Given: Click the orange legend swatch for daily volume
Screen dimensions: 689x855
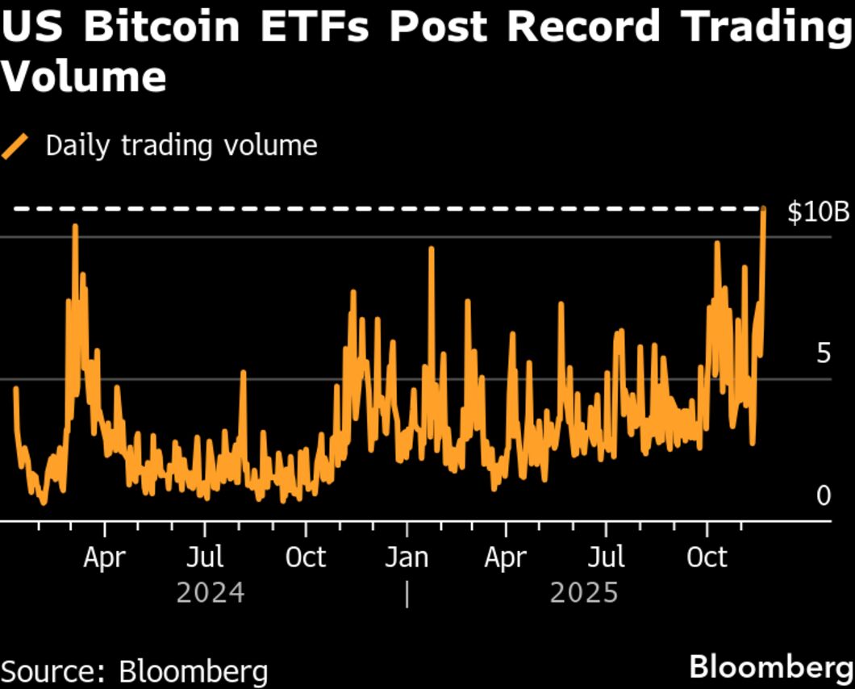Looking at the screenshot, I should tap(16, 147).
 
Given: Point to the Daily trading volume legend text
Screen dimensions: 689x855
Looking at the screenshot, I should tap(181, 146).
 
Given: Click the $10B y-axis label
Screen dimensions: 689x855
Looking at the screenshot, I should tap(818, 213).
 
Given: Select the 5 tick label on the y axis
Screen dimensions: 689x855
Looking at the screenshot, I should tap(823, 353).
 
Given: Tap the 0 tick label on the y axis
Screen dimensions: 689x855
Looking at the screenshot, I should tap(823, 495).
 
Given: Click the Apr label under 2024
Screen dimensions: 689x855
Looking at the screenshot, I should tap(104, 557).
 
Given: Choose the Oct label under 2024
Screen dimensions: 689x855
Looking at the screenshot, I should tap(306, 557).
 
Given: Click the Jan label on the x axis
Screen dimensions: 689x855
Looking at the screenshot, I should tap(407, 557).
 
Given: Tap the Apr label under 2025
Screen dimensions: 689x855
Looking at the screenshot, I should tap(506, 557).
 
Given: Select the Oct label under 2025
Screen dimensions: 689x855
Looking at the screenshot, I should tap(707, 557).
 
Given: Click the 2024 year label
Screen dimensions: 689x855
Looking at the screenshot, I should tap(211, 593).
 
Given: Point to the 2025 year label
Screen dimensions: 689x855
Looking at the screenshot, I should tap(584, 593).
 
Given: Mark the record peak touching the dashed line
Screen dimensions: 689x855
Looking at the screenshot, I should tap(763, 210).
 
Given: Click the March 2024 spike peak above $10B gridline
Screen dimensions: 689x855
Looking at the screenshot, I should tap(75, 227).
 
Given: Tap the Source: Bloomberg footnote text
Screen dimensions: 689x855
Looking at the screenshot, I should tap(135, 671).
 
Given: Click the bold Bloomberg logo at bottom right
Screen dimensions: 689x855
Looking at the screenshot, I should tap(770, 668).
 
